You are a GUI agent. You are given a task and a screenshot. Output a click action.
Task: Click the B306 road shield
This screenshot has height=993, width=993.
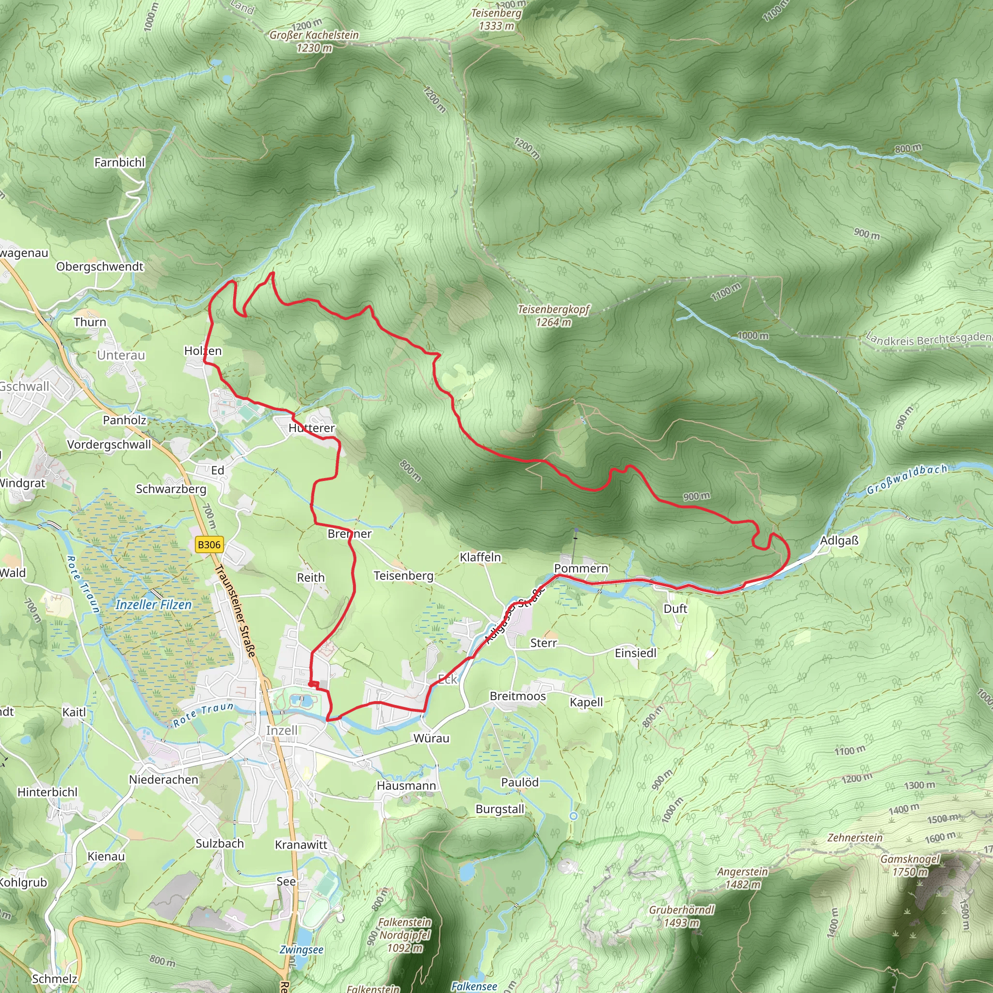[x=209, y=545]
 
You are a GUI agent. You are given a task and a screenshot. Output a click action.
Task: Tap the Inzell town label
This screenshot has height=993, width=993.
[x=281, y=730]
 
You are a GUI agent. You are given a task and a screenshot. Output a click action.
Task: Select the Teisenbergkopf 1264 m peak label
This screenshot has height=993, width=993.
[x=554, y=316]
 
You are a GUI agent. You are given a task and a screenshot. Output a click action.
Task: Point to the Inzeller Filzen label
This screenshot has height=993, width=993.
[x=154, y=605]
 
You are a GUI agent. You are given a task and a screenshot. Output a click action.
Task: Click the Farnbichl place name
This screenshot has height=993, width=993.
[x=120, y=162]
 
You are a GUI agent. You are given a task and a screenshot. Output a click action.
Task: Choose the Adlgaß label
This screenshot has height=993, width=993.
[x=839, y=540]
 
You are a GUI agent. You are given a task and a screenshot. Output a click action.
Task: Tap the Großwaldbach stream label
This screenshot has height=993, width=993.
[x=907, y=479]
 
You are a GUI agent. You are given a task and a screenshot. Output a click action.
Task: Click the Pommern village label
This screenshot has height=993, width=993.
[x=581, y=568]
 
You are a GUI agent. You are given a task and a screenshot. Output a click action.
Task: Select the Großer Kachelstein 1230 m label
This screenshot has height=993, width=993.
[x=314, y=41]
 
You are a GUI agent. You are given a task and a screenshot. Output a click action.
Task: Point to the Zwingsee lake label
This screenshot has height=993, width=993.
[x=301, y=949]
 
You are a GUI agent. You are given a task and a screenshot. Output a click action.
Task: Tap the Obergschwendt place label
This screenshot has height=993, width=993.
[x=100, y=266]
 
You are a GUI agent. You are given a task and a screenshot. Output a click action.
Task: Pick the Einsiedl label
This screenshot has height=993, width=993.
[x=636, y=653]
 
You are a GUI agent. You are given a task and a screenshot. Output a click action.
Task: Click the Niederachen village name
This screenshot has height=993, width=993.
[x=163, y=779]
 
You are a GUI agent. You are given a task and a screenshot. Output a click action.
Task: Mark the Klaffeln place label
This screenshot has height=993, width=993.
[x=480, y=557]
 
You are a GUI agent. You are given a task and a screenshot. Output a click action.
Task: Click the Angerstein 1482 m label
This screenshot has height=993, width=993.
[x=743, y=878]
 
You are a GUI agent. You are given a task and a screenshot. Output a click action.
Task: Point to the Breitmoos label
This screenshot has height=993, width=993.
[x=517, y=696]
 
